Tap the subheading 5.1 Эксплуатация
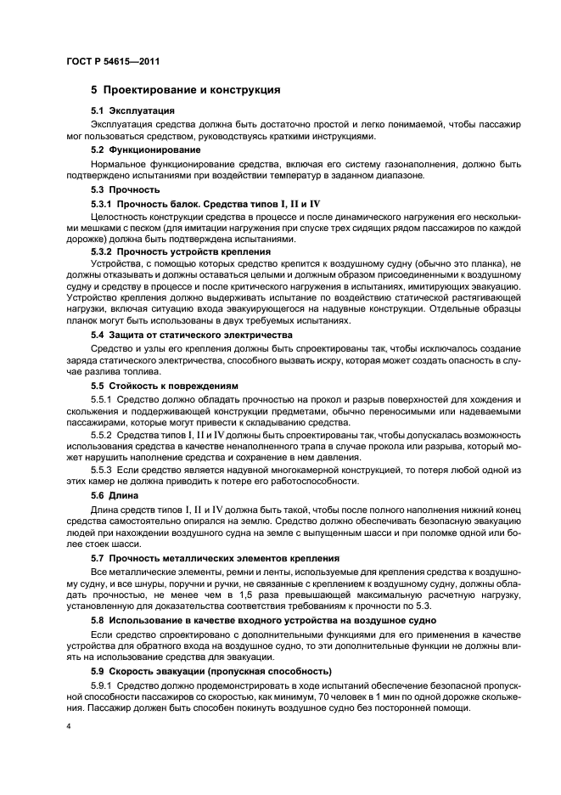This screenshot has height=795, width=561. tap(133, 111)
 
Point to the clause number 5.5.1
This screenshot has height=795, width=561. tap(101, 399)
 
